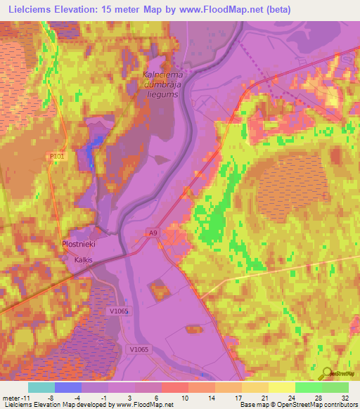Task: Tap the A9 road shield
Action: coord(153,233)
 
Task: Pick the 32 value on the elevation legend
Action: coord(343,397)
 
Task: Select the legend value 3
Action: coord(129,397)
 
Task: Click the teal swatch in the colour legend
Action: coord(41,387)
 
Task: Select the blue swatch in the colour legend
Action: coord(68,387)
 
